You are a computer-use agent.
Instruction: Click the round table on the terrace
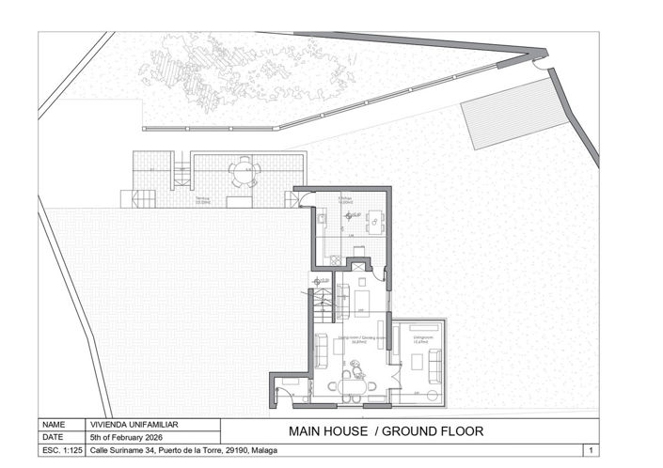click(x=244, y=172)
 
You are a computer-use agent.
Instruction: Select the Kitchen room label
click(x=345, y=201)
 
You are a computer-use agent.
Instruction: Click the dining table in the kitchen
click(x=374, y=222)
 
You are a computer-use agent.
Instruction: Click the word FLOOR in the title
click(x=455, y=432)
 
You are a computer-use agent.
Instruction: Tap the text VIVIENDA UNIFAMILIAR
click(x=132, y=425)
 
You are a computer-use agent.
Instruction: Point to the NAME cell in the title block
click(x=55, y=425)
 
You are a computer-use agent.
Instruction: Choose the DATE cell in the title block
click(x=55, y=437)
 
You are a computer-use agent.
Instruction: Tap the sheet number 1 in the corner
click(x=590, y=450)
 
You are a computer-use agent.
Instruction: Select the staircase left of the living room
click(x=322, y=303)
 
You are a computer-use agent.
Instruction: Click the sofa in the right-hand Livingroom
click(x=435, y=363)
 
